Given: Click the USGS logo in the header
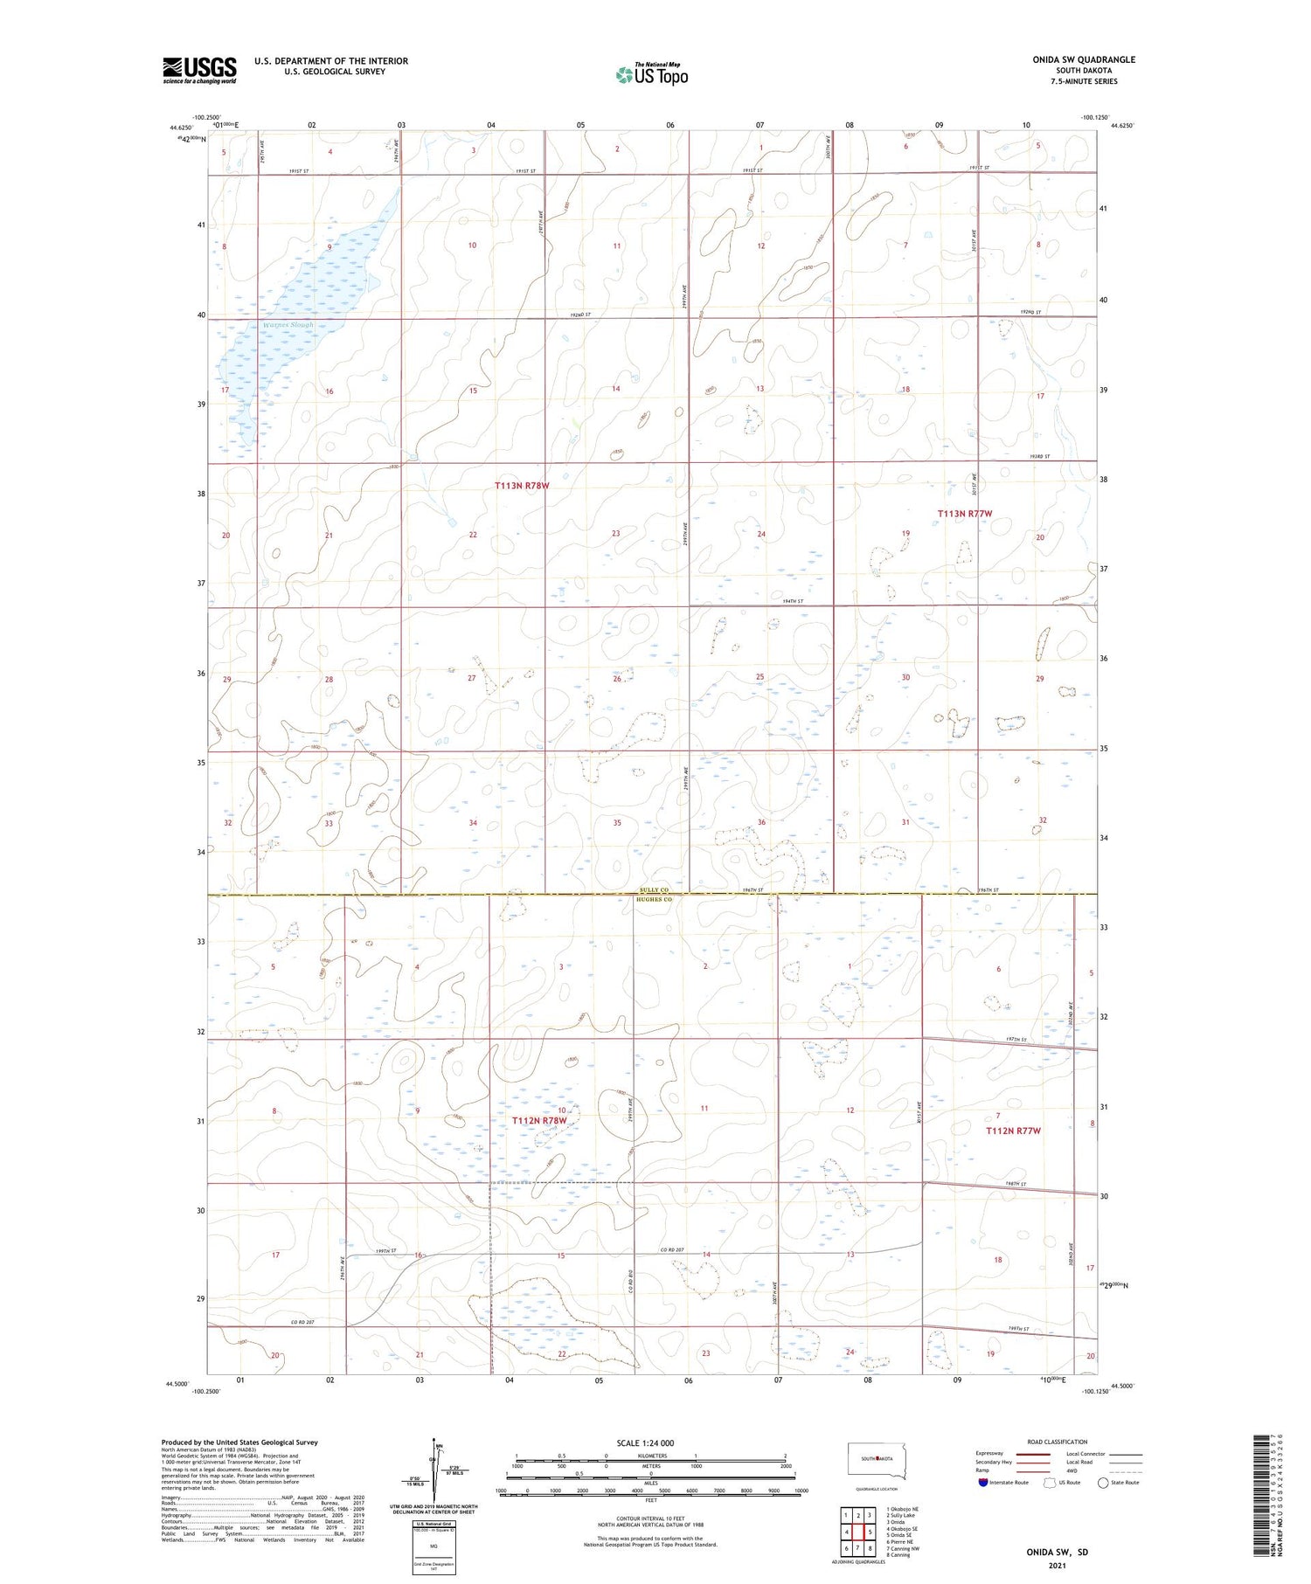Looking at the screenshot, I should tap(199, 70).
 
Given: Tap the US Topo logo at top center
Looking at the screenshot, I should tap(651, 75).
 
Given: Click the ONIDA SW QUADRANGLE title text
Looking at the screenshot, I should tap(1084, 59).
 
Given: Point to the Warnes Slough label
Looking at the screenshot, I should tap(288, 325).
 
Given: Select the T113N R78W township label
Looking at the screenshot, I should tap(522, 486).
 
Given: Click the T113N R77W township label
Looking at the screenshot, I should tap(965, 514).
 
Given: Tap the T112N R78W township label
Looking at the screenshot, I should tap(539, 1120).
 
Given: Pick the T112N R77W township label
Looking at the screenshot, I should tap(1013, 1131).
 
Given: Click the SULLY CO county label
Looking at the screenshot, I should tap(654, 890).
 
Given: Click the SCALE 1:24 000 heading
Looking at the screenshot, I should tap(645, 1442).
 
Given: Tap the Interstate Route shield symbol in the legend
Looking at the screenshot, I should tap(983, 1482).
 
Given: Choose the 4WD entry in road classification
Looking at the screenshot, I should tap(1075, 1470).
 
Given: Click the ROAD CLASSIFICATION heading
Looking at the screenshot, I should tap(1058, 1442).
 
